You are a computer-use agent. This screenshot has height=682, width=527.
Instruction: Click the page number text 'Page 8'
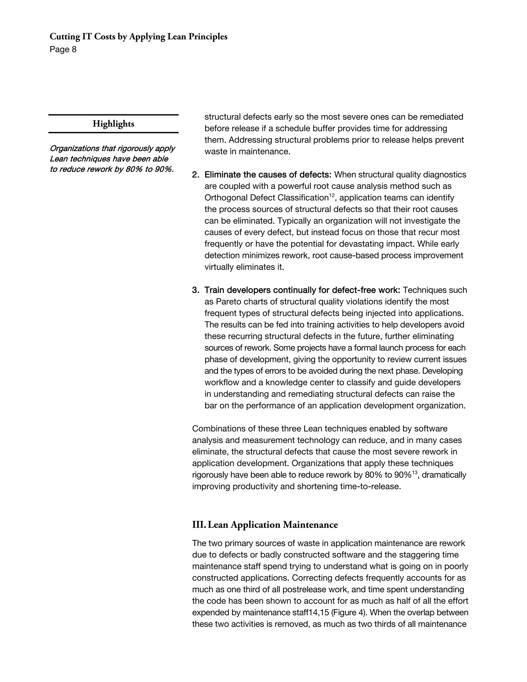[63, 50]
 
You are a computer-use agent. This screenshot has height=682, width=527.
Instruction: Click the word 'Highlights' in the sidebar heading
[113, 124]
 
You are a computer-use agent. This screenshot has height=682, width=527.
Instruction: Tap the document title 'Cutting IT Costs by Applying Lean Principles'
[138, 37]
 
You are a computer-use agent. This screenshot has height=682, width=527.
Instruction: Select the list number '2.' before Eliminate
[196, 174]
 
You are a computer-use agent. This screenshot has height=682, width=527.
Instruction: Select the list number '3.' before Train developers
[196, 290]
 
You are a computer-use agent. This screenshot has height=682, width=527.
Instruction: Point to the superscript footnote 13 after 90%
[415, 473]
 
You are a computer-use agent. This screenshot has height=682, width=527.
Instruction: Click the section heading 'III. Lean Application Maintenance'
[265, 524]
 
